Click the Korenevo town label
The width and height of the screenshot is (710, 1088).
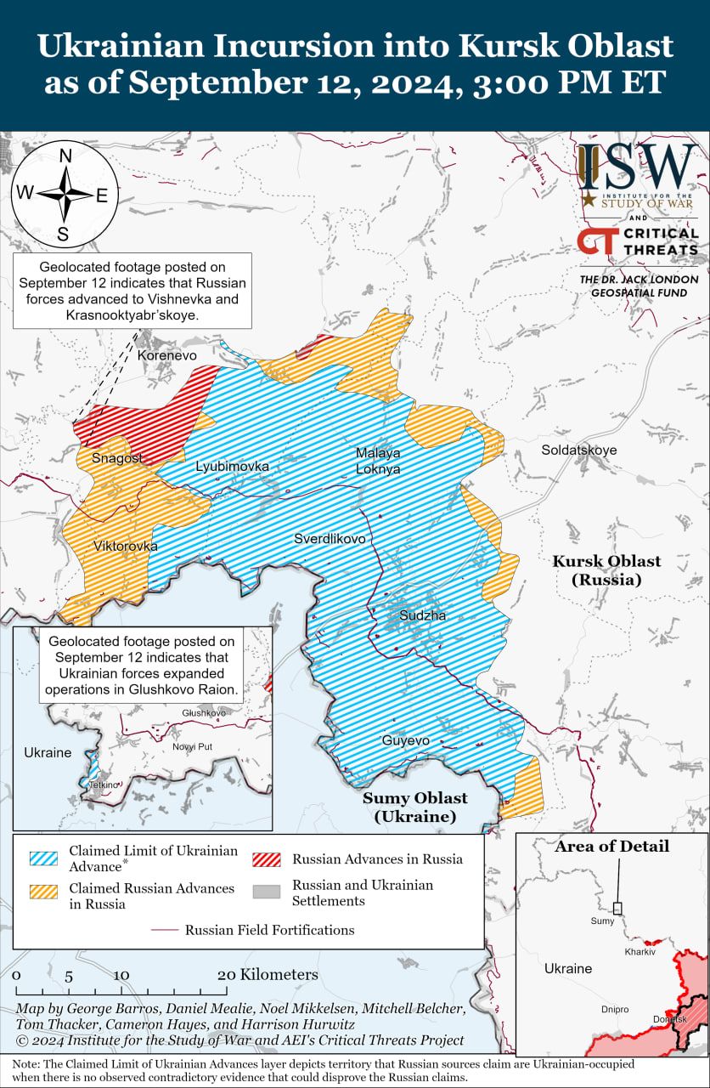[166, 355]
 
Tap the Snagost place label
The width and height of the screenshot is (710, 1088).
[117, 458]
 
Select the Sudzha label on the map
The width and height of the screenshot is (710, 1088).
[422, 615]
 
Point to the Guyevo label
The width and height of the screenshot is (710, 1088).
[405, 741]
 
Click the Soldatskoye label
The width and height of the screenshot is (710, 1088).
[579, 450]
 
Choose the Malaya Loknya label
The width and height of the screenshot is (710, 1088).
[378, 461]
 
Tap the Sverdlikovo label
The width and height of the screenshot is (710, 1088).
[330, 539]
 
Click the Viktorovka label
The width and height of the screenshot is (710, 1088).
[125, 546]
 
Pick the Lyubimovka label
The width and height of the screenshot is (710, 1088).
[232, 467]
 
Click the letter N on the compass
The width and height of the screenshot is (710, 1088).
[65, 156]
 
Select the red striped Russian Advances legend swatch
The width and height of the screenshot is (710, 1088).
[266, 858]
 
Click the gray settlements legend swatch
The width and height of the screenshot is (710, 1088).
[266, 892]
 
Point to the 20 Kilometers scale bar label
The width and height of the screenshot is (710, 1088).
[268, 974]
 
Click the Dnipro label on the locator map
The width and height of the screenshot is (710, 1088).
[615, 1009]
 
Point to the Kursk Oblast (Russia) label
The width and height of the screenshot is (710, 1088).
[606, 570]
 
